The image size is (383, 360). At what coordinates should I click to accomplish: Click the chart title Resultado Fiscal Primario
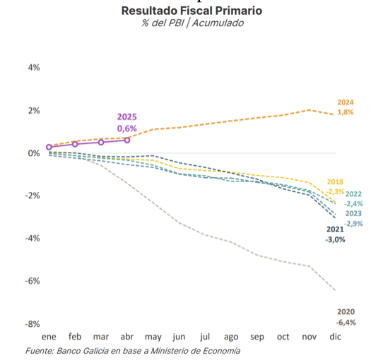(191, 11)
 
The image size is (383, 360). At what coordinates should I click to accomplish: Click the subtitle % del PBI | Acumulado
(192, 23)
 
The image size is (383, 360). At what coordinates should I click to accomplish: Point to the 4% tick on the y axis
(34, 67)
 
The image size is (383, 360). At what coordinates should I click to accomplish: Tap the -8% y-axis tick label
(33, 324)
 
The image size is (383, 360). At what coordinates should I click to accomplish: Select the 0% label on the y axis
(34, 153)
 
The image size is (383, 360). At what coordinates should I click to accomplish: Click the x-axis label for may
(153, 337)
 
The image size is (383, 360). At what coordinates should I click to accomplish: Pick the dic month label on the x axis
(335, 337)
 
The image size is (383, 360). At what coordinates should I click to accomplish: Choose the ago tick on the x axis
(231, 337)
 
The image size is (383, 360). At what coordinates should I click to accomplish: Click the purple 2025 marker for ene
(49, 147)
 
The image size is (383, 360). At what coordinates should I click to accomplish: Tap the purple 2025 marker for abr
(127, 140)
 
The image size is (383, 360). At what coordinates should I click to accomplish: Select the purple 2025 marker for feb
(75, 144)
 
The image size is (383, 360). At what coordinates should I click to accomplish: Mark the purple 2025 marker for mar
(101, 143)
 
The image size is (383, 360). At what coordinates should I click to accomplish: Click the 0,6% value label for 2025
(127, 128)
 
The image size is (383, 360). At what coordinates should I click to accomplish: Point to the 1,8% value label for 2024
(346, 112)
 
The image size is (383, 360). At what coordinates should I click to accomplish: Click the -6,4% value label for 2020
(346, 323)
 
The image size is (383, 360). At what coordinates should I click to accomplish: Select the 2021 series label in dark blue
(335, 229)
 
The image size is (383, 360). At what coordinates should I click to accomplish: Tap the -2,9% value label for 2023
(354, 224)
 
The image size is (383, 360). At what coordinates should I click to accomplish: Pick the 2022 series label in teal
(353, 194)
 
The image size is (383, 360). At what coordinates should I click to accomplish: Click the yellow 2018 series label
(335, 182)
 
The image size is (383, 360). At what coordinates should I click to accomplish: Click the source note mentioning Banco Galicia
(133, 351)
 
